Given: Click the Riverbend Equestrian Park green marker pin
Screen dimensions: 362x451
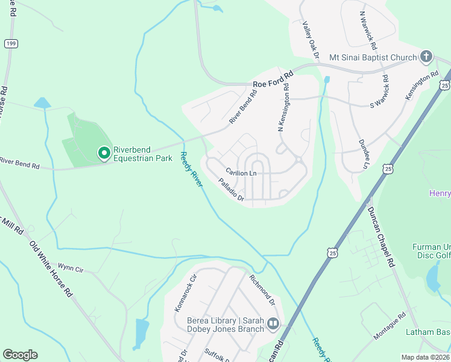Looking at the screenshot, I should [x=104, y=154].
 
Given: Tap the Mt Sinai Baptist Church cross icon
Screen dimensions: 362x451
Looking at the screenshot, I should [x=426, y=57].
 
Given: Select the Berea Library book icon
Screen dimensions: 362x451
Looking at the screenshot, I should [x=273, y=325].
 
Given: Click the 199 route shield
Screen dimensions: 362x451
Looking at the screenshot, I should [x=10, y=43].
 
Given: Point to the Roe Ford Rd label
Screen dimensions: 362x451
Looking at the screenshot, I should [x=273, y=79].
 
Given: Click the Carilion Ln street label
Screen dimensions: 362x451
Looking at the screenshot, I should [x=241, y=173].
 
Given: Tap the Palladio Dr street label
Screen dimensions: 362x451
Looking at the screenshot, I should [x=231, y=189].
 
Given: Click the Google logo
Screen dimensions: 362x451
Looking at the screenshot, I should [x=20, y=355].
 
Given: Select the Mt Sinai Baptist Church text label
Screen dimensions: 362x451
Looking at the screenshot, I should [x=373, y=58].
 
